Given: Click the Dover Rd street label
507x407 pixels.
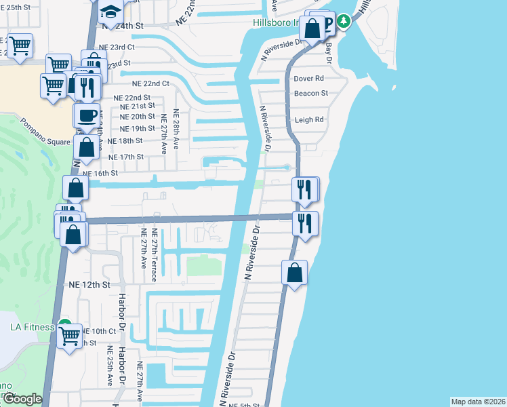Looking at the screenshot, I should pos(308,79).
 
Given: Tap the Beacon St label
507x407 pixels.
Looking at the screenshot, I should pos(311,93).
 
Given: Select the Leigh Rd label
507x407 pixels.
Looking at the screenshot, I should pos(309,120).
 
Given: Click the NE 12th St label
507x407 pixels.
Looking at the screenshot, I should pos(89,286).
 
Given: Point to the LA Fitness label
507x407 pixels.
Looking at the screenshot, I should pos(32,328).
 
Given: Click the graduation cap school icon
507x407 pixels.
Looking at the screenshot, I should pos(110,10).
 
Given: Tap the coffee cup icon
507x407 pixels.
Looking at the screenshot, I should pos(86,115).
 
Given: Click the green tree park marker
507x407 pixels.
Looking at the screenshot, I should pos(344,21).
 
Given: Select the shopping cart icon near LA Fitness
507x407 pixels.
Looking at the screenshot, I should pos(70,336).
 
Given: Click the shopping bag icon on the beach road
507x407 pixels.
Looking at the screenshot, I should pos(295,273).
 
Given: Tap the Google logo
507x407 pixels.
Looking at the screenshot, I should pos(22,399).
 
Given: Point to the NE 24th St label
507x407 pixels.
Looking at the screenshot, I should pos(123,25).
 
